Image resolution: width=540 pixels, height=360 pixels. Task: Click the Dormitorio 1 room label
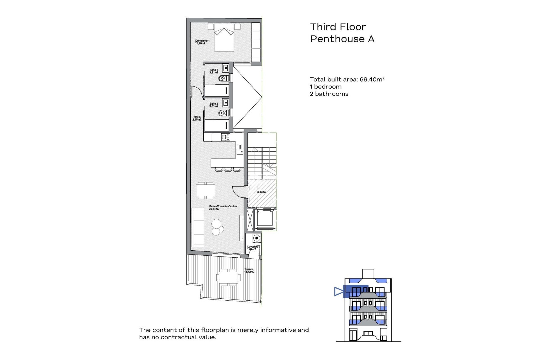point(202,42)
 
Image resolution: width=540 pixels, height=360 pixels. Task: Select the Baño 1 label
point(214,71)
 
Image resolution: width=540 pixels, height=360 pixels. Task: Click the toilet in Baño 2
point(223,113)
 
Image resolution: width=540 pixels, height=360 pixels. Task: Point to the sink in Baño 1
point(226,68)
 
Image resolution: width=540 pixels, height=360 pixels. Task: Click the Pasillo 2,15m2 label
point(197,118)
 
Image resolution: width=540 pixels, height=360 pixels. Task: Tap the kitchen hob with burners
point(226,137)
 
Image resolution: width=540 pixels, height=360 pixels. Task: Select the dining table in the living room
point(206,190)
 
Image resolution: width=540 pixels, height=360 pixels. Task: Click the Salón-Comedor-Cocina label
point(223,208)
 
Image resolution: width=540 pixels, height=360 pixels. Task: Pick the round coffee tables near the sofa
point(217,227)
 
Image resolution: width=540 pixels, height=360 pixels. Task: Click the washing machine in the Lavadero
point(256,238)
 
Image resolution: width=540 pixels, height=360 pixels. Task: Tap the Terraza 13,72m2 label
point(249,270)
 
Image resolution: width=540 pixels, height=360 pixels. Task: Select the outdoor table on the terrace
point(228,278)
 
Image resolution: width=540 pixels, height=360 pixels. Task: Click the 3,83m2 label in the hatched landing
point(262,192)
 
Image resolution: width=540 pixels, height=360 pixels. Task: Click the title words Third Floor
point(338,27)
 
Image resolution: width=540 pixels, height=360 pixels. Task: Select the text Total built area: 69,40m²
point(347,80)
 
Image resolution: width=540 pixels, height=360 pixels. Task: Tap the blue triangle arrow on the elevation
point(339,291)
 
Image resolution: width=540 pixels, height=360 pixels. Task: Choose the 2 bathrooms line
point(329,94)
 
